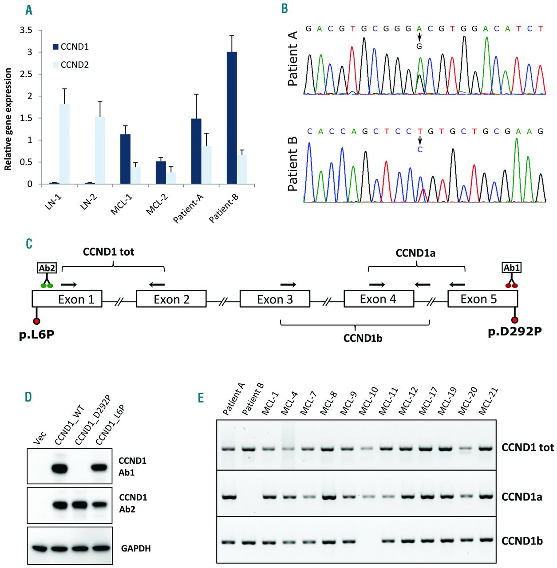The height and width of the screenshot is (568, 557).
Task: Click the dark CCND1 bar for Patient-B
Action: (232, 118)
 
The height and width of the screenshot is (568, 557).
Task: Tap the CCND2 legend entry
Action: (74, 65)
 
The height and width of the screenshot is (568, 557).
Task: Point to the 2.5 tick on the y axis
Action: (27, 74)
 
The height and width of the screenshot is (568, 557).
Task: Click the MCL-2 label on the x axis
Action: (158, 204)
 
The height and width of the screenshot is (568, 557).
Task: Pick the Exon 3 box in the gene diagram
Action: (275, 299)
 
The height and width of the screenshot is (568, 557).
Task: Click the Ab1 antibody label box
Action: (511, 268)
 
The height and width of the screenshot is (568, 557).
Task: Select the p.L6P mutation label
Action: (36, 334)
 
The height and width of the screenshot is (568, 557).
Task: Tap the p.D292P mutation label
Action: (514, 331)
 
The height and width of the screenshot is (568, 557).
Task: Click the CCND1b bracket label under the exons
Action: (363, 338)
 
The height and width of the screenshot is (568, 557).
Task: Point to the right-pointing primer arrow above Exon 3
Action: (288, 284)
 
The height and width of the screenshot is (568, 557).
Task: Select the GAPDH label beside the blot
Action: (136, 548)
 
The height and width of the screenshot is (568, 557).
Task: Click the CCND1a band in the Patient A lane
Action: (229, 497)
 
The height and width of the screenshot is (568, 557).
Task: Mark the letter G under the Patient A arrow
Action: (419, 46)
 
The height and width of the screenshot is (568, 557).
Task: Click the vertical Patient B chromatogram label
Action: (292, 165)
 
